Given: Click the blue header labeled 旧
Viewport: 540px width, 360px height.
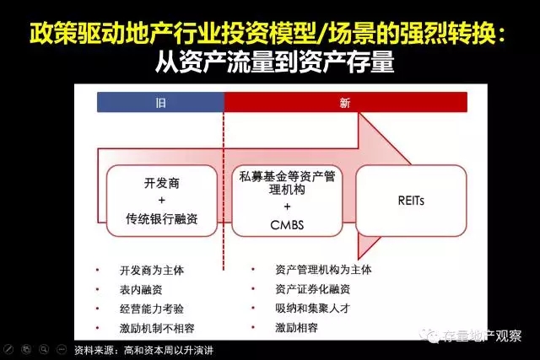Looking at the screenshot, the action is pyautogui.click(x=160, y=102).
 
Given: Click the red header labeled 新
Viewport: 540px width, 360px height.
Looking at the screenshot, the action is pyautogui.click(x=345, y=102).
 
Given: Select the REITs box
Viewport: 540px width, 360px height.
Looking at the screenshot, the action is pyautogui.click(x=411, y=201).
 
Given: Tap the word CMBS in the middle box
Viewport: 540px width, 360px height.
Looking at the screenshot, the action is pyautogui.click(x=287, y=225).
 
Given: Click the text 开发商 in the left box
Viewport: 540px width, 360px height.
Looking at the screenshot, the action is pyautogui.click(x=161, y=183).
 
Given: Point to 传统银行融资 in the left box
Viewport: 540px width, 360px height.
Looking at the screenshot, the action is pyautogui.click(x=161, y=218).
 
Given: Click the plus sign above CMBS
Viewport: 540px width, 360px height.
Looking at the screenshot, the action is pyautogui.click(x=287, y=207).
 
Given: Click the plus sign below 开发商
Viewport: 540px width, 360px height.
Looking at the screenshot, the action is pyautogui.click(x=161, y=201).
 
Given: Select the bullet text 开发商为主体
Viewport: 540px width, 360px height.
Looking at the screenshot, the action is pyautogui.click(x=152, y=270).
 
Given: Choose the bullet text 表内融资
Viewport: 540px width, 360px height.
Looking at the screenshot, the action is pyautogui.click(x=141, y=289).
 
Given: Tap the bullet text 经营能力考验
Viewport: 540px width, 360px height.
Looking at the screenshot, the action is pyautogui.click(x=152, y=309).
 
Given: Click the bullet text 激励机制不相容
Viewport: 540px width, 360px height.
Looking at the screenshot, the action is pyautogui.click(x=157, y=328).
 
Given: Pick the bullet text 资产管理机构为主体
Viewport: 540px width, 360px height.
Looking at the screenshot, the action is pyautogui.click(x=323, y=270).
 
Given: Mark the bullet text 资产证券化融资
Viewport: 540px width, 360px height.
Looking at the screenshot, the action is pyautogui.click(x=313, y=288).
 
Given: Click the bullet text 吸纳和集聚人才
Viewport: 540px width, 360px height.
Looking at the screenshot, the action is pyautogui.click(x=313, y=308).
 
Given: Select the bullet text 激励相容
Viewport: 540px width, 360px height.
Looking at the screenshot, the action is pyautogui.click(x=296, y=327).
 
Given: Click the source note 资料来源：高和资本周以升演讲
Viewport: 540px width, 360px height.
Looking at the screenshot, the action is pyautogui.click(x=144, y=351).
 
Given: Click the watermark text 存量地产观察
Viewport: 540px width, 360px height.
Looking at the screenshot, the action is pyautogui.click(x=482, y=336).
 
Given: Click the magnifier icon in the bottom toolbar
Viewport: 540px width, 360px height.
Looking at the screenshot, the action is pyautogui.click(x=44, y=350).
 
